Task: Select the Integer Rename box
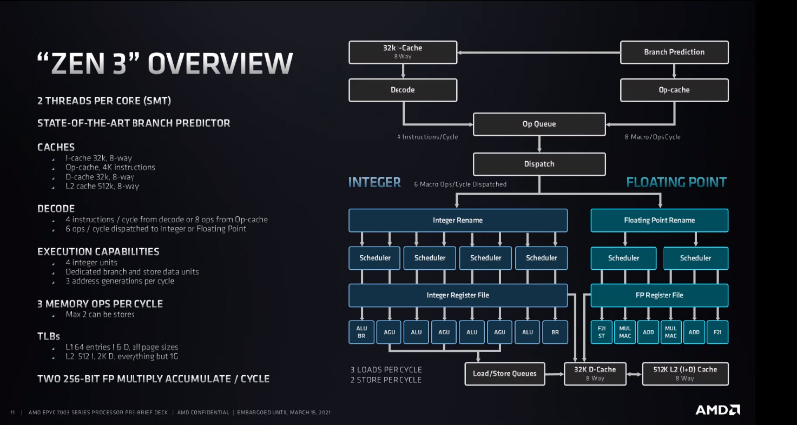(x=457, y=219)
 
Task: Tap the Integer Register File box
(x=457, y=295)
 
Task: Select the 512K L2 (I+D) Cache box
(x=684, y=373)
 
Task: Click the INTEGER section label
(x=375, y=183)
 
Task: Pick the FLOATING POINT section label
(x=675, y=183)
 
